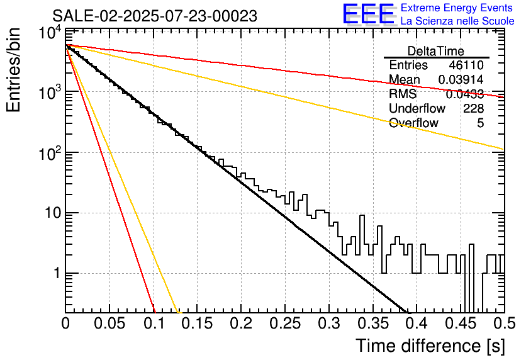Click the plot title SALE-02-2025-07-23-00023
coord(155,16)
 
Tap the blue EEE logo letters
coord(369,14)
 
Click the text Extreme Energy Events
coord(457,8)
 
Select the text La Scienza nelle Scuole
coord(457,21)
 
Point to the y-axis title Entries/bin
coord(13,70)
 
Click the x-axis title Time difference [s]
coord(430,346)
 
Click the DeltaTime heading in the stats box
coord(435,51)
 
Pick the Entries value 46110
coord(466,65)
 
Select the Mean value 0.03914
coord(461,79)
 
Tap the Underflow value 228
coord(474,108)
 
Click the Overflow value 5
coord(480,123)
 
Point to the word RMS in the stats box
coord(403,94)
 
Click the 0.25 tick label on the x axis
coord(285,323)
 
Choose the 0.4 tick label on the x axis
coord(417,323)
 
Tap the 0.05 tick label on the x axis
coord(109,323)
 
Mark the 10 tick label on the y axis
coord(53,213)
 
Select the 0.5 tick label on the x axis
coord(505,323)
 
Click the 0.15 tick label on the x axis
coord(198,323)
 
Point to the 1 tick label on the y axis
coord(57,273)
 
